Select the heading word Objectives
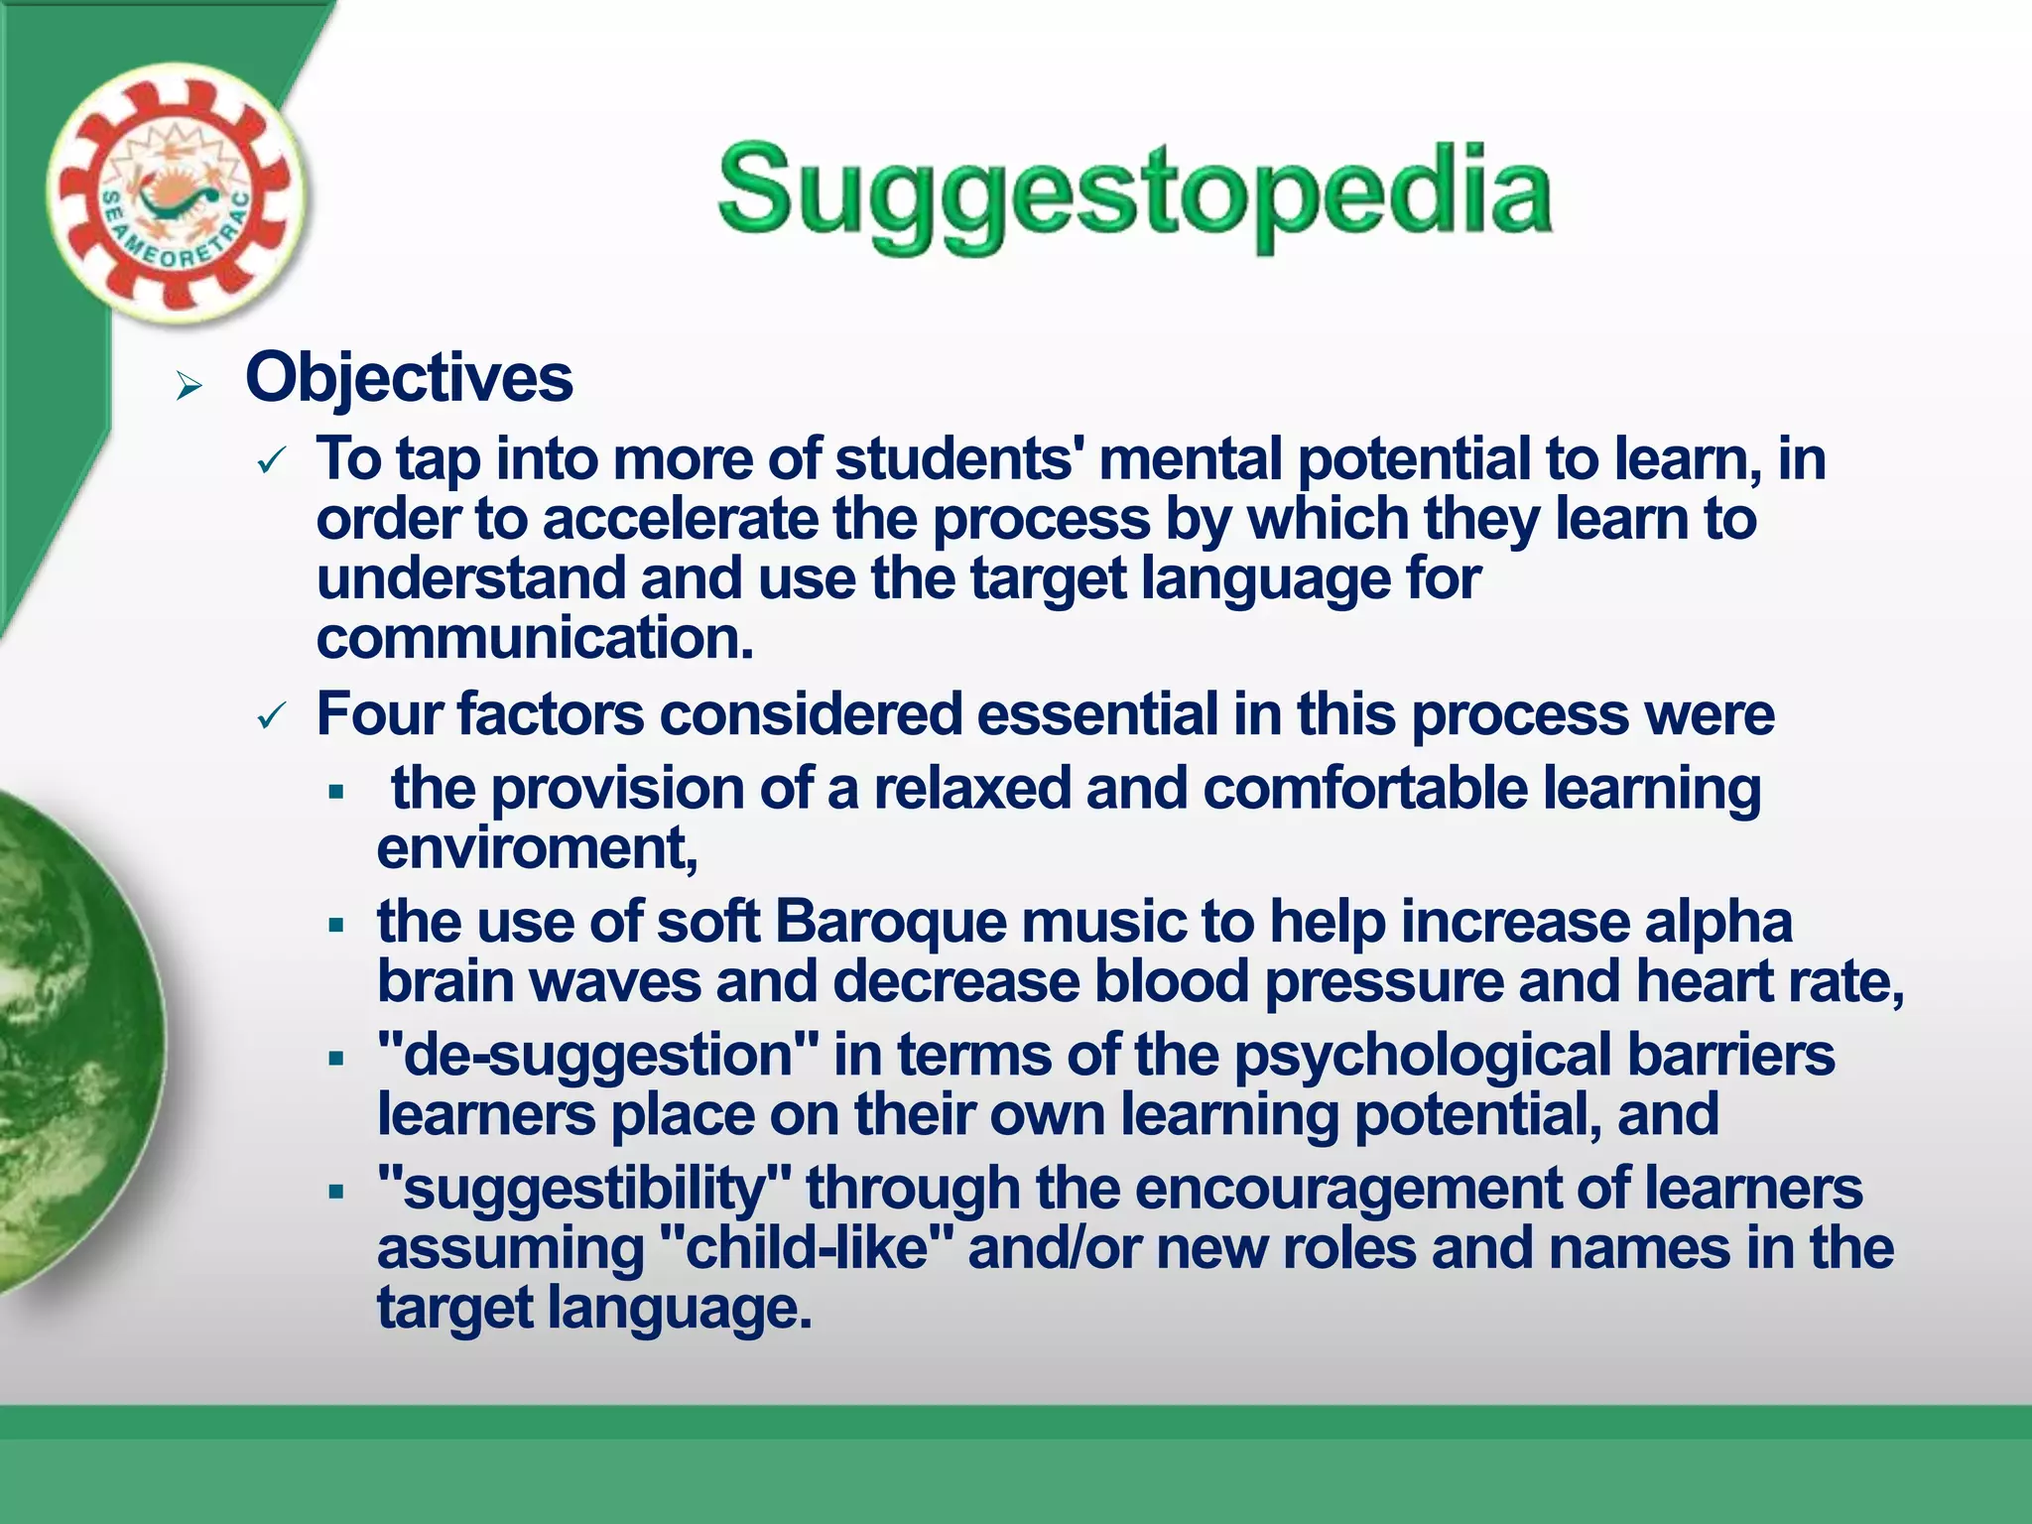pos(409,378)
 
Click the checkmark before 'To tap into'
pos(271,461)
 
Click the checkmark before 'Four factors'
pos(271,715)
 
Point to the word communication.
pos(534,638)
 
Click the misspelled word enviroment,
pos(537,849)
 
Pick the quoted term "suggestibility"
pos(584,1189)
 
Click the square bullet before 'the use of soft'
pos(336,926)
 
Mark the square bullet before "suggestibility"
pos(336,1192)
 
